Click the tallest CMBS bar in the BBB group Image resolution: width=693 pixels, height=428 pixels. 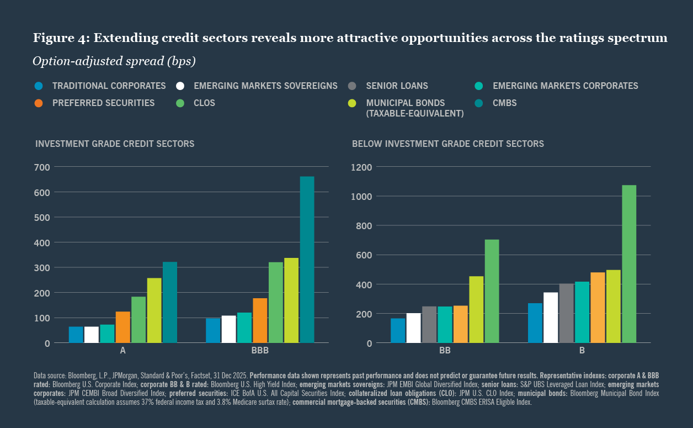pyautogui.click(x=307, y=260)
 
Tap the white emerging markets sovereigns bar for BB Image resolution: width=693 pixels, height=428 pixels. pyautogui.click(x=413, y=328)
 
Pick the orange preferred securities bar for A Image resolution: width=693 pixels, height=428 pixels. pyautogui.click(x=123, y=327)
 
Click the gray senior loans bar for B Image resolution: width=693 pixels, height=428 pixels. pyautogui.click(x=567, y=313)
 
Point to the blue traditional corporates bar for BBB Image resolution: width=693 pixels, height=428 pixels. pyautogui.click(x=213, y=330)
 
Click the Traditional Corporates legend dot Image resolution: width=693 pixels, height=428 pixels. pyautogui.click(x=39, y=86)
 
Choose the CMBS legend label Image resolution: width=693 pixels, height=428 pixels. pyautogui.click(x=504, y=103)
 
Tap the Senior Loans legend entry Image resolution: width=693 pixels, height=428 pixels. pyautogui.click(x=397, y=86)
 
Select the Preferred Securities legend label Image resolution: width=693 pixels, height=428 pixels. pyautogui.click(x=103, y=103)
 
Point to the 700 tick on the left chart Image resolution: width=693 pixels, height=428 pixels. pyautogui.click(x=42, y=167)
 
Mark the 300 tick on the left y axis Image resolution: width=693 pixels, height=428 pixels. pyautogui.click(x=42, y=268)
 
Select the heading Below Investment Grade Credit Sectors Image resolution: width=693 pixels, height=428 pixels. pyautogui.click(x=447, y=144)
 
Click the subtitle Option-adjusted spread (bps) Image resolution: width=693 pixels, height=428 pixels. pyautogui.click(x=114, y=61)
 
